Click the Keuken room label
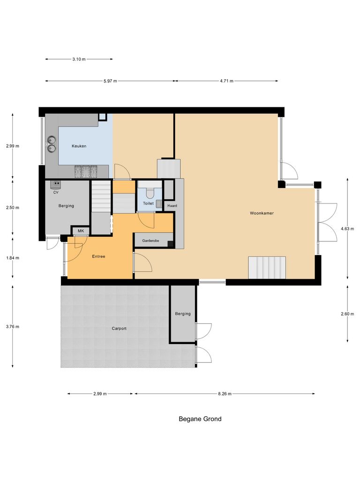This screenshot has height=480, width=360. (79, 146)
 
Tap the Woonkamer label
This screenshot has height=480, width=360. (262, 213)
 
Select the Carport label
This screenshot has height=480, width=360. (119, 329)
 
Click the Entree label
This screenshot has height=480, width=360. (98, 256)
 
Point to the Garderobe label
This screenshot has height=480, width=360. (150, 240)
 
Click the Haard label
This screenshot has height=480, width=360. (172, 206)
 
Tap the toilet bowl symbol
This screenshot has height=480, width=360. (150, 193)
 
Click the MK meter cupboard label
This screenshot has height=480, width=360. (81, 231)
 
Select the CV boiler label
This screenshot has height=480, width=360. (56, 192)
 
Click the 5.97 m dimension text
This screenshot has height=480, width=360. (110, 81)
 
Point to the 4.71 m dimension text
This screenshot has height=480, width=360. (226, 81)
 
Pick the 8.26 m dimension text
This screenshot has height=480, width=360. (225, 394)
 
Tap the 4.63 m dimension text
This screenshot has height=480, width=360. (347, 229)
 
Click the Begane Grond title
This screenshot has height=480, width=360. (200, 419)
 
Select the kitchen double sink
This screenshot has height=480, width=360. (52, 144)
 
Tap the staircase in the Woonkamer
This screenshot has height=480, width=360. (267, 267)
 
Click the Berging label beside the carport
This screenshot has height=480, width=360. (183, 314)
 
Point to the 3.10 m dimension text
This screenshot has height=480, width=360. (79, 59)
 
